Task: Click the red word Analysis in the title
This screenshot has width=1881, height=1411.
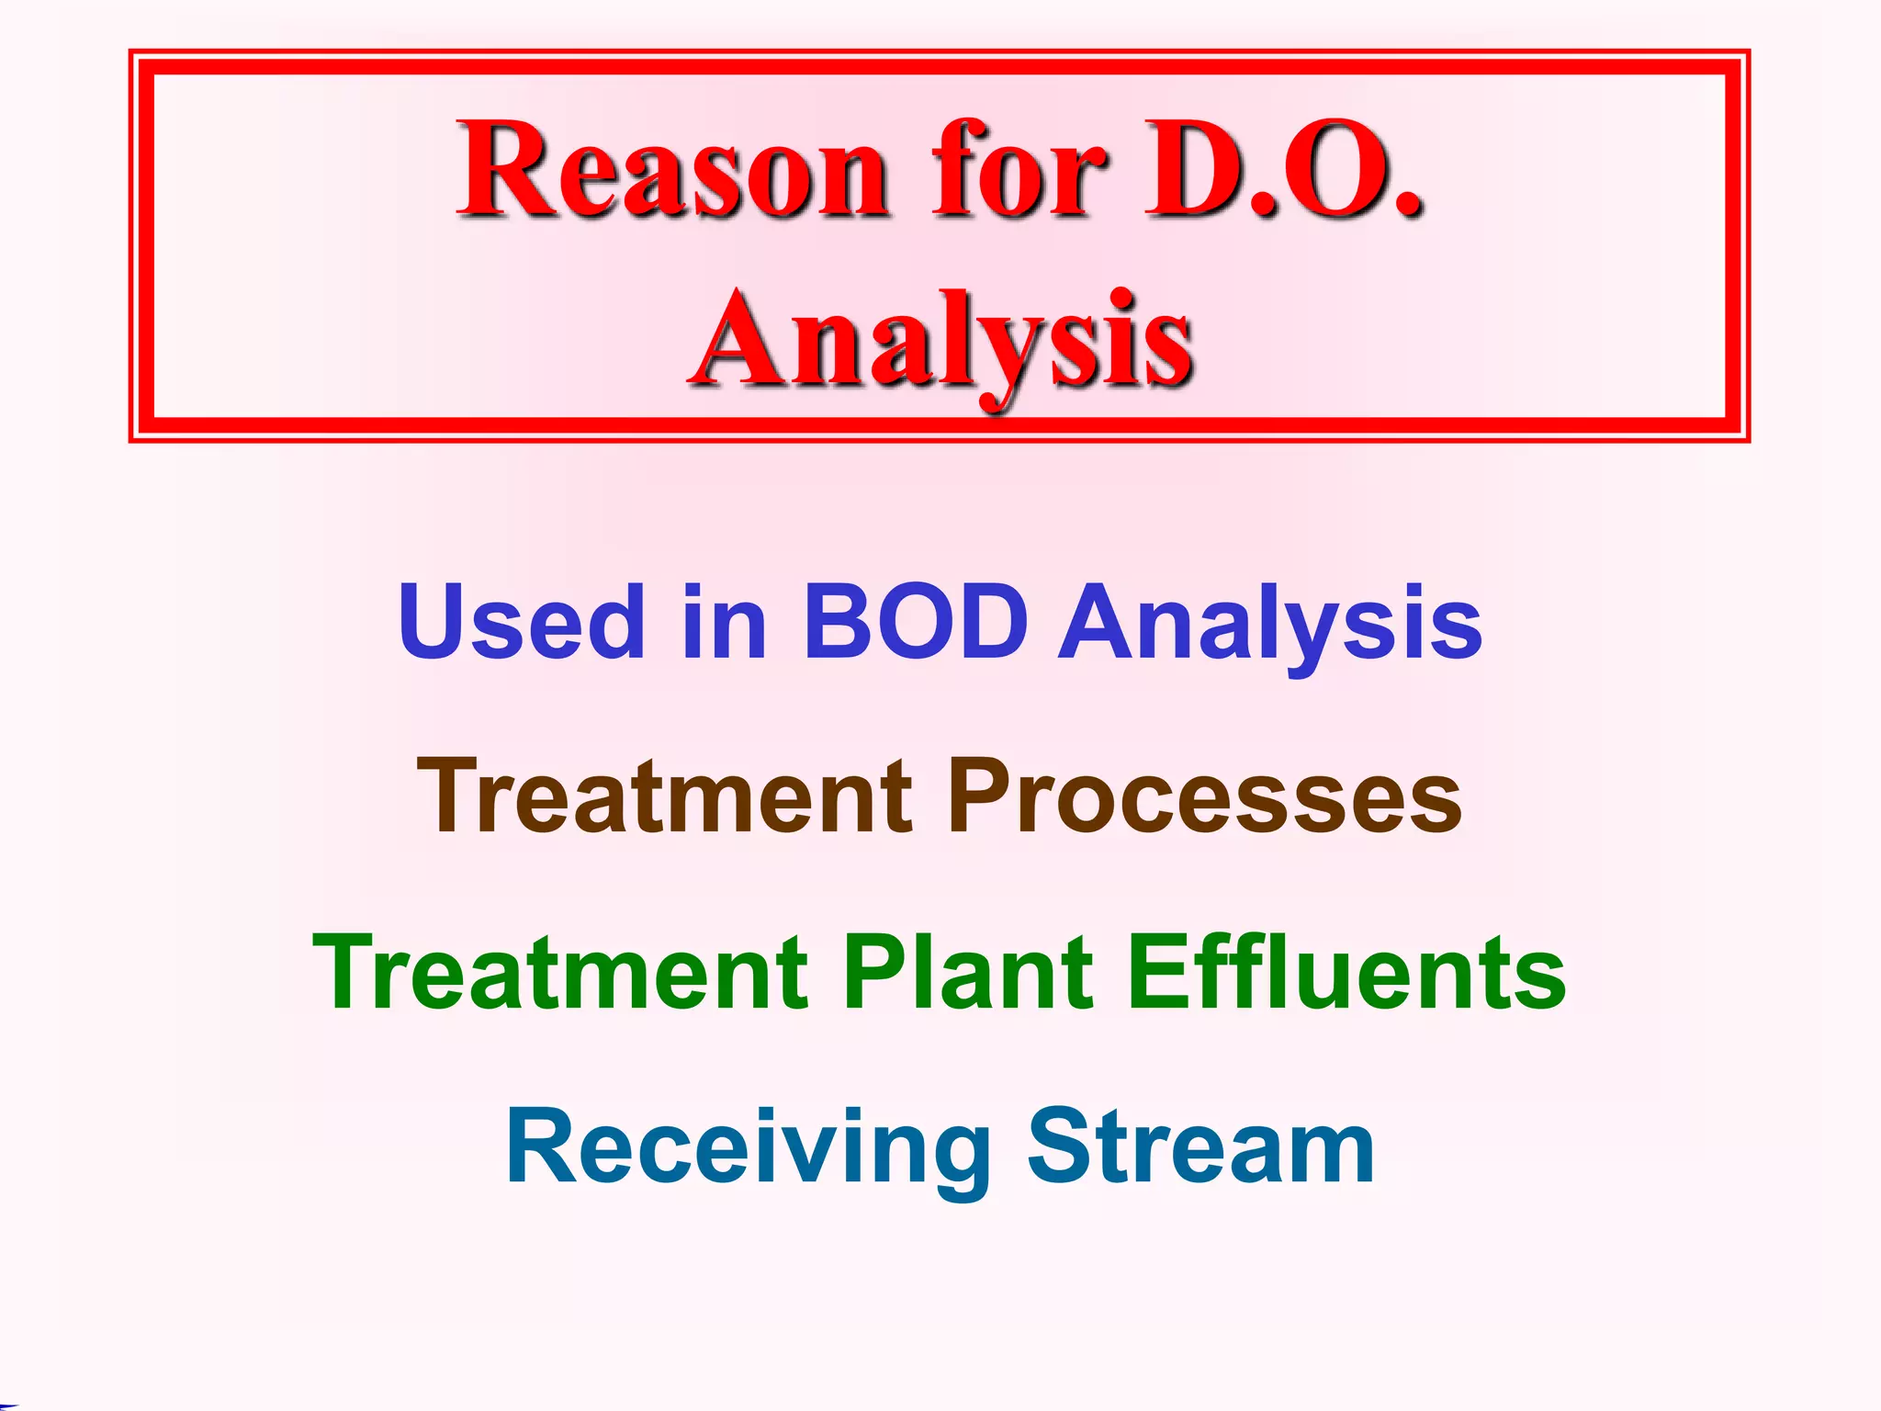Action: [940, 342]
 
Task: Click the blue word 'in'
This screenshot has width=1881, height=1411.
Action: [724, 623]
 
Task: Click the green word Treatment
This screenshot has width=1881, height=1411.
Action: [560, 972]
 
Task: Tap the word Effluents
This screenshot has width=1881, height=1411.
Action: [1346, 972]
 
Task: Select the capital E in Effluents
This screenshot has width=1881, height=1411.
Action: [1155, 972]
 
